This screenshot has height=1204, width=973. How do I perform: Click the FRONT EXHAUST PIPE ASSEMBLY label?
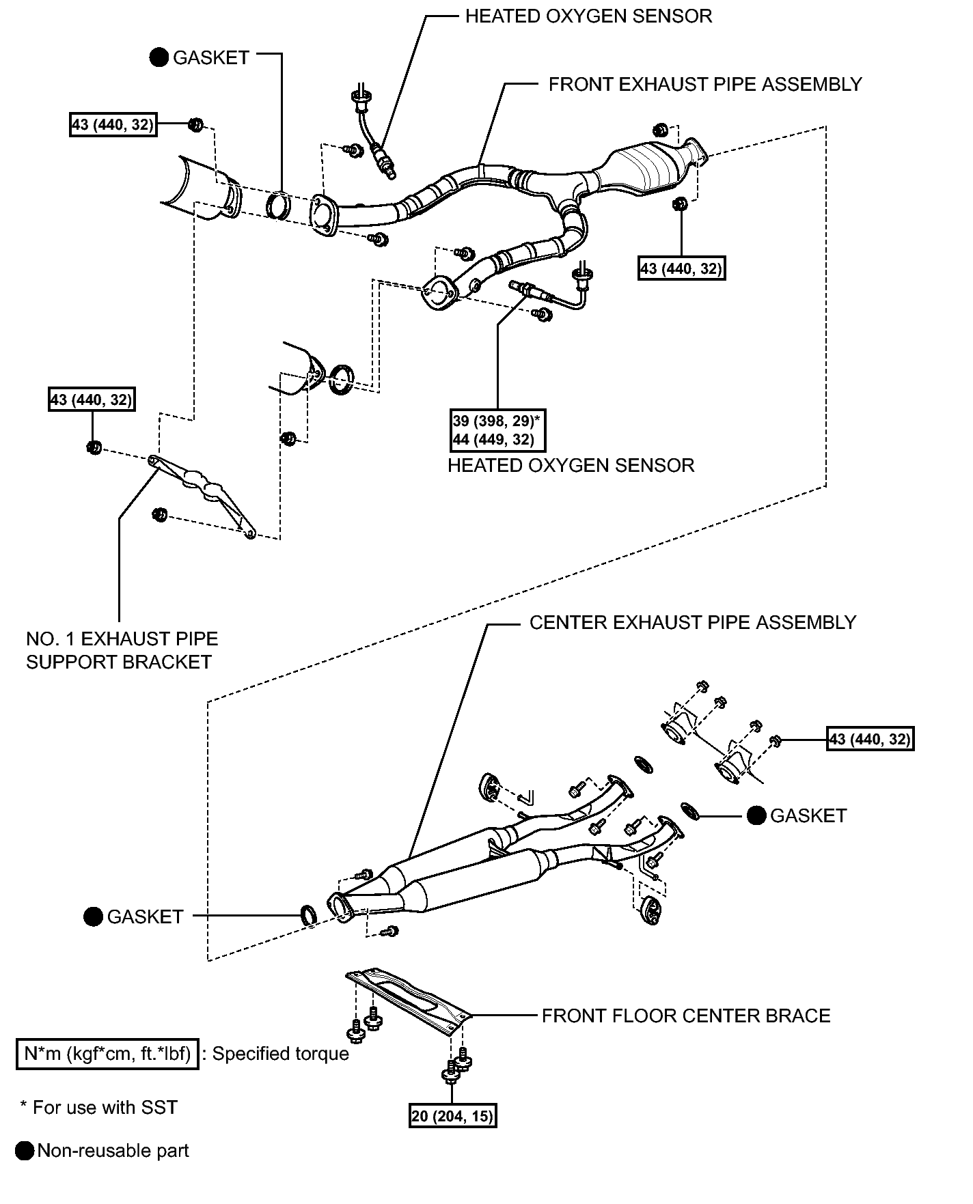(705, 85)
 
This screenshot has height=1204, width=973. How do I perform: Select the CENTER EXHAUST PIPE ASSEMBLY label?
(693, 623)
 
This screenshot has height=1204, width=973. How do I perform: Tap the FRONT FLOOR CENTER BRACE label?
(686, 1016)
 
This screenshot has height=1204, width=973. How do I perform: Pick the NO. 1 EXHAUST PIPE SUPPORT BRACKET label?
(122, 650)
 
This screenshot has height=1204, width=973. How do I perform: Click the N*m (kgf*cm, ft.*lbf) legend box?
(107, 1054)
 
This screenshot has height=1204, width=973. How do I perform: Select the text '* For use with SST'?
(99, 1107)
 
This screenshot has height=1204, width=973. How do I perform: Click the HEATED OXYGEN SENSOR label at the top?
(588, 16)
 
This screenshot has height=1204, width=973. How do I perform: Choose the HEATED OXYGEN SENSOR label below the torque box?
(571, 466)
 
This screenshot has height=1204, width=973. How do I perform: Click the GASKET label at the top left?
(210, 58)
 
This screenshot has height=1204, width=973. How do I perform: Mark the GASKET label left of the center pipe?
(145, 917)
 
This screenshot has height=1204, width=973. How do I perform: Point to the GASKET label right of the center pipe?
(808, 816)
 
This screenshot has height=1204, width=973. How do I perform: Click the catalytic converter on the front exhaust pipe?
(642, 167)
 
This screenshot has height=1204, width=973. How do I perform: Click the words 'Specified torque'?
(281, 1054)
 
